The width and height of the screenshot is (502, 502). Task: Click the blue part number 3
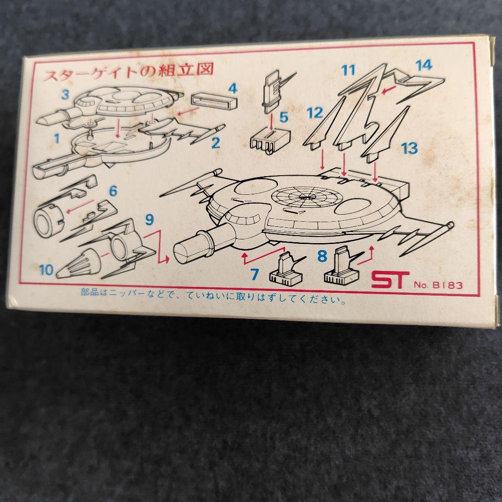click(66, 94)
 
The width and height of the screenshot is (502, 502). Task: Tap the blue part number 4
click(233, 88)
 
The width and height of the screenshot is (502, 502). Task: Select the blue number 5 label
click(284, 118)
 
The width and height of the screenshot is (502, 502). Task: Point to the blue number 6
click(113, 191)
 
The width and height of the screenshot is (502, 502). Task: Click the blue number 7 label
click(254, 274)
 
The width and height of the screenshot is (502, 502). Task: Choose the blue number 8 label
click(322, 256)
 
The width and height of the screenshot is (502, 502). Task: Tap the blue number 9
click(149, 219)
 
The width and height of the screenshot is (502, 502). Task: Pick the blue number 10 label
click(46, 270)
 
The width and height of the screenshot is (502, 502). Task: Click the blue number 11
click(349, 70)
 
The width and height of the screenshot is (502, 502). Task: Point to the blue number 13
click(410, 149)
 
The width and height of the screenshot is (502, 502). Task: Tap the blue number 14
click(424, 66)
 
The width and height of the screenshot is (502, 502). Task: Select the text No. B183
click(438, 285)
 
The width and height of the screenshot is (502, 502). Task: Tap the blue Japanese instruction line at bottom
click(213, 297)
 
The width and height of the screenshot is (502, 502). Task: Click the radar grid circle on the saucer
click(303, 197)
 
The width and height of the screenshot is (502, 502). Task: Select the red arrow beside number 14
click(390, 89)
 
